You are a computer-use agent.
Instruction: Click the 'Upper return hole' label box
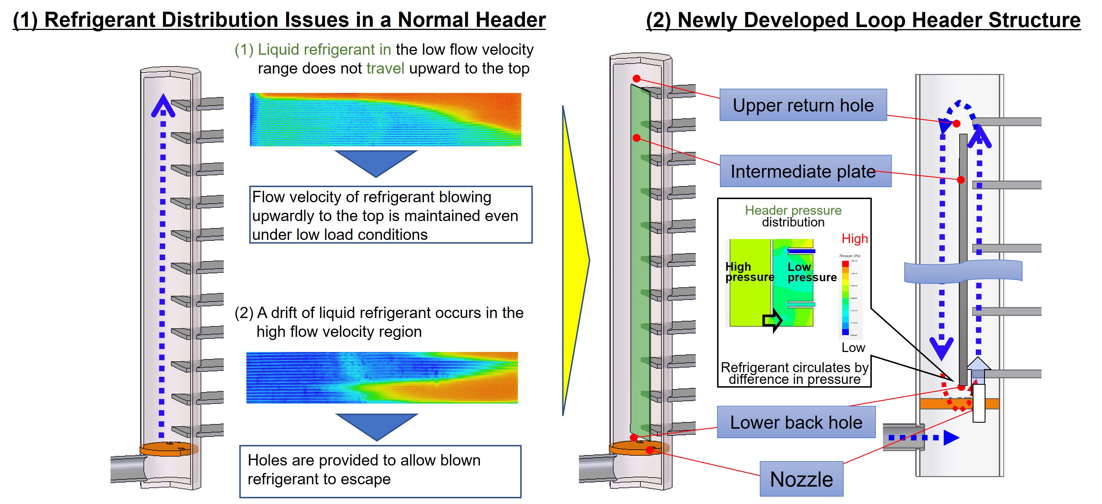[803, 105]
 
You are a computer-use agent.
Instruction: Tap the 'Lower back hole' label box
[796, 422]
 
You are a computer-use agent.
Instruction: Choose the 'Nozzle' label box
[801, 478]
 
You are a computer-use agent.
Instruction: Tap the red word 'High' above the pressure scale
[854, 238]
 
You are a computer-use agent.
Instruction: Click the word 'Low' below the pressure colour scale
[853, 347]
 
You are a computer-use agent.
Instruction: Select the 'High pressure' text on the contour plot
[749, 272]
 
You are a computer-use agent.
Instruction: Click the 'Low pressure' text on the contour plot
[811, 272]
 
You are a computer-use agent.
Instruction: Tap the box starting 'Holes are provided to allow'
[380, 471]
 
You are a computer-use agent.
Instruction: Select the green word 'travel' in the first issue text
[385, 68]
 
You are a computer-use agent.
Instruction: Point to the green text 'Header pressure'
[793, 210]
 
